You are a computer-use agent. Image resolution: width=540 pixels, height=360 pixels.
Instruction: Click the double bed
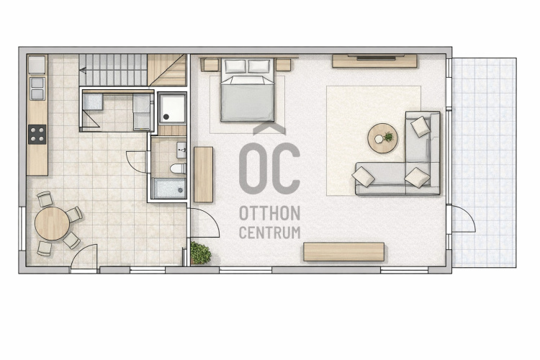click(247, 90)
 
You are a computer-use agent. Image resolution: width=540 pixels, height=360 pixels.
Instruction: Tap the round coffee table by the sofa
click(382, 138)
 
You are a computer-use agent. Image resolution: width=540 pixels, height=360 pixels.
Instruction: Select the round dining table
click(52, 223)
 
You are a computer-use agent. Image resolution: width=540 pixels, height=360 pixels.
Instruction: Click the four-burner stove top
click(37, 135)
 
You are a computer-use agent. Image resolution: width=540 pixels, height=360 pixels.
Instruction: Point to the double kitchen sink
click(37, 89)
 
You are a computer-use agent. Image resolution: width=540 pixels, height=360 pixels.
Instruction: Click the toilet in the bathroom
click(179, 168)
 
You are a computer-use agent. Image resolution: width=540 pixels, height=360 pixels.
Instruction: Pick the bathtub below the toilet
click(169, 188)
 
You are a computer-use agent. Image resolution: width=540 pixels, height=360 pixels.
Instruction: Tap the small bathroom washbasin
click(181, 150)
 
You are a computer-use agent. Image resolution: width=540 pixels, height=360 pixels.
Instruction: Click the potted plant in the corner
click(200, 253)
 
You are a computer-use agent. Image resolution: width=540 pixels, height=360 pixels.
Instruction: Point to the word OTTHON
click(270, 214)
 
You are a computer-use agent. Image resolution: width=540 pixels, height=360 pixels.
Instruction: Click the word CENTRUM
click(270, 233)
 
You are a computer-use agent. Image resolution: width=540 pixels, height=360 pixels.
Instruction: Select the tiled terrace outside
click(484, 162)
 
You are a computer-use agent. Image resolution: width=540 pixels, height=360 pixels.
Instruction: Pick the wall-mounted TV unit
click(374, 61)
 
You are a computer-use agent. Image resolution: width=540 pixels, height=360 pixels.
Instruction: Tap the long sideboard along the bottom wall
click(343, 252)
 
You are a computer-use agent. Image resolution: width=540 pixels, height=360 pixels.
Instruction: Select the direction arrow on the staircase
click(83, 71)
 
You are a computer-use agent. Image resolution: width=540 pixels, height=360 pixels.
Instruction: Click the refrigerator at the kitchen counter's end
click(37, 65)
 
